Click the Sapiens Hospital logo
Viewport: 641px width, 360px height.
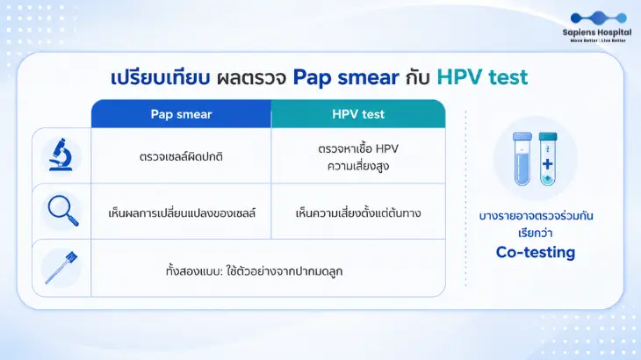tap(597, 27)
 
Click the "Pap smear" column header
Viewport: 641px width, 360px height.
tap(181, 114)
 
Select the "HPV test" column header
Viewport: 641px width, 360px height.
tap(358, 114)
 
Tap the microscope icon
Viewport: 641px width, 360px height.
tap(61, 155)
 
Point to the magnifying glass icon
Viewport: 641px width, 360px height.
tap(63, 211)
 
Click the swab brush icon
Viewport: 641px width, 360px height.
tap(61, 268)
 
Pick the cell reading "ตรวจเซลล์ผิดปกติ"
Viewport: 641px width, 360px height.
tap(181, 156)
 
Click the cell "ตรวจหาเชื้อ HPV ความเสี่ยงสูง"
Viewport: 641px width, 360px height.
tap(358, 157)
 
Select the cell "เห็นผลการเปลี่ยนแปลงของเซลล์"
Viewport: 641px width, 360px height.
tap(182, 212)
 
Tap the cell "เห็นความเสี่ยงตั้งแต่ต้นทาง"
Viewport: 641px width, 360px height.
tap(358, 212)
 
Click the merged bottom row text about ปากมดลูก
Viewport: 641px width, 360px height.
tap(254, 271)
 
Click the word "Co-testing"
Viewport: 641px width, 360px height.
tap(536, 252)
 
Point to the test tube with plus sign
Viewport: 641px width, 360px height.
tap(548, 159)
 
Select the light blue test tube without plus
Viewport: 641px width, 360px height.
tap(522, 159)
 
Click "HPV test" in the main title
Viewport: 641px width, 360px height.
tap(482, 76)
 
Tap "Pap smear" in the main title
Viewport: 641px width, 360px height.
tap(346, 77)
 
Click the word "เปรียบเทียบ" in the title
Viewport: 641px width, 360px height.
tap(160, 77)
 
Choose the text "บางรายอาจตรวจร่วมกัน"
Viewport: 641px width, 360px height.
tap(536, 216)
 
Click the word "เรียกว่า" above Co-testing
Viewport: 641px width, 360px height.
tap(536, 233)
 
